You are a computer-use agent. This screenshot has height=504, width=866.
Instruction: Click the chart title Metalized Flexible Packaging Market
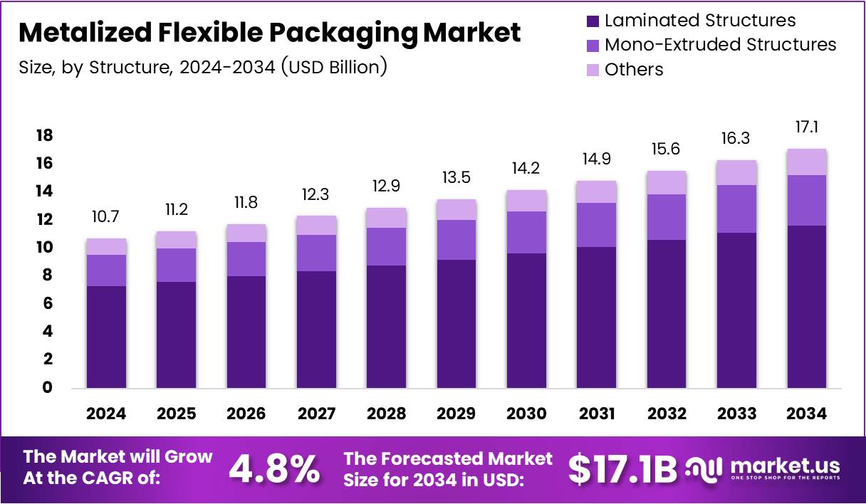coord(269,33)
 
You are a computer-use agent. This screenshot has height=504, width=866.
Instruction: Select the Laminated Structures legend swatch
coord(593,21)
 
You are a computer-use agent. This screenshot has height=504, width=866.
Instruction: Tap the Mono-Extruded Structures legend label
coord(720,45)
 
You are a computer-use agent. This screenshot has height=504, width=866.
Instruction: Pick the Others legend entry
coord(634,70)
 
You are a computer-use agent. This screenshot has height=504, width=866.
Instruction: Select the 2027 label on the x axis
coord(316,414)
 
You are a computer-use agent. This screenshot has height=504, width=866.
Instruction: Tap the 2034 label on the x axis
coord(806,414)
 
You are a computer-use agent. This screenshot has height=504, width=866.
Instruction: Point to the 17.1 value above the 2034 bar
coord(806,128)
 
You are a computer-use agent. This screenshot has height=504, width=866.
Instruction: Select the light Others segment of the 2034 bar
coord(806,162)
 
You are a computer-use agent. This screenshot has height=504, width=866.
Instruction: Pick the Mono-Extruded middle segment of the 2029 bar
coord(457,240)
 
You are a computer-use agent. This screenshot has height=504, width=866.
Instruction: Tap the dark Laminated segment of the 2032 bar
coord(666,313)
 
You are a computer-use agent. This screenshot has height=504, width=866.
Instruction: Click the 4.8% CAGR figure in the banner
coord(274,468)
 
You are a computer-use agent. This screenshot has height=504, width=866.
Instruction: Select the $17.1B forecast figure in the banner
coord(623,468)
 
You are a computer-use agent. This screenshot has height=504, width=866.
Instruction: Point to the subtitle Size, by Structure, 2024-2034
coord(202,67)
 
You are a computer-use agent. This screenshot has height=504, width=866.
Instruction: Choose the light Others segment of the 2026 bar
coord(246,233)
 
